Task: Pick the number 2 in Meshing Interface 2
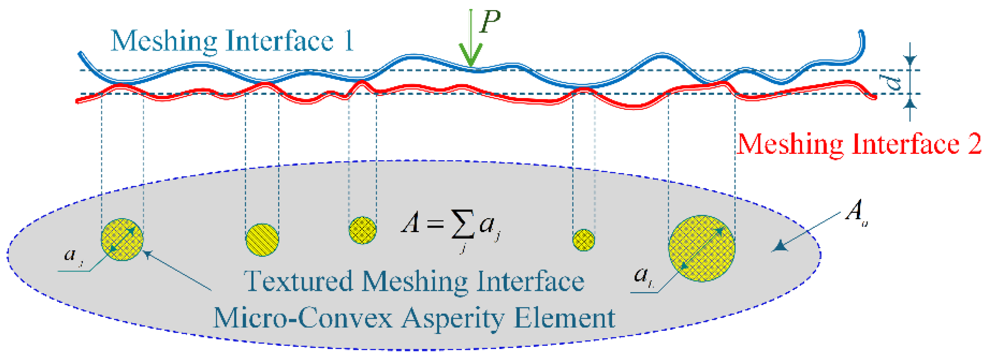pyautogui.click(x=974, y=144)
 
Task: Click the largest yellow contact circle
pyautogui.click(x=702, y=248)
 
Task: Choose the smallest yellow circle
pyautogui.click(x=583, y=240)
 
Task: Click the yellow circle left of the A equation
pyautogui.click(x=362, y=230)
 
